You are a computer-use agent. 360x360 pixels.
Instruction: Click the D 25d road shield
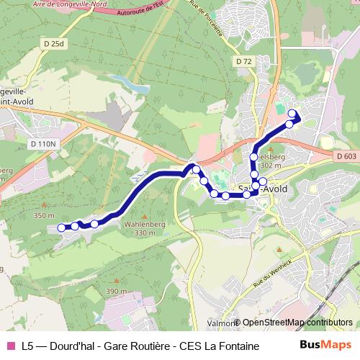point(53,45)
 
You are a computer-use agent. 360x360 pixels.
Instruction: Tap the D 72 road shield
point(243,62)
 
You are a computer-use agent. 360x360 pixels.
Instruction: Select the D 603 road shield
point(346,156)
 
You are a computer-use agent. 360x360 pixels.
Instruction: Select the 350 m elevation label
point(43,215)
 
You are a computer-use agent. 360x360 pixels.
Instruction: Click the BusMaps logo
point(323,346)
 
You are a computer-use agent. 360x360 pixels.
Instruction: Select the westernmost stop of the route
point(61,228)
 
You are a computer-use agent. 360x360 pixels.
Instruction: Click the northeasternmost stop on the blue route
point(292,113)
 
